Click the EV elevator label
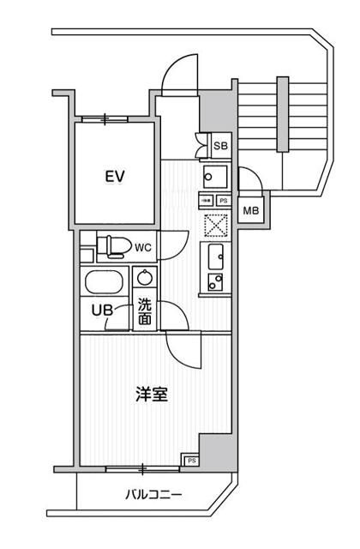click(116, 177)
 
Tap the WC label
click(143, 248)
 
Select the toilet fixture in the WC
click(111, 247)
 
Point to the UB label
click(101, 311)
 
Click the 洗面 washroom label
click(146, 311)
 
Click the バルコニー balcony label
click(151, 495)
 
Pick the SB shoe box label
click(220, 146)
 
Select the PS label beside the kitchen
click(223, 201)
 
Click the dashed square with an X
click(214, 225)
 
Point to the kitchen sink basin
click(215, 255)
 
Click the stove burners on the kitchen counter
click(215, 281)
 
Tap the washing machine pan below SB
click(213, 177)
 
